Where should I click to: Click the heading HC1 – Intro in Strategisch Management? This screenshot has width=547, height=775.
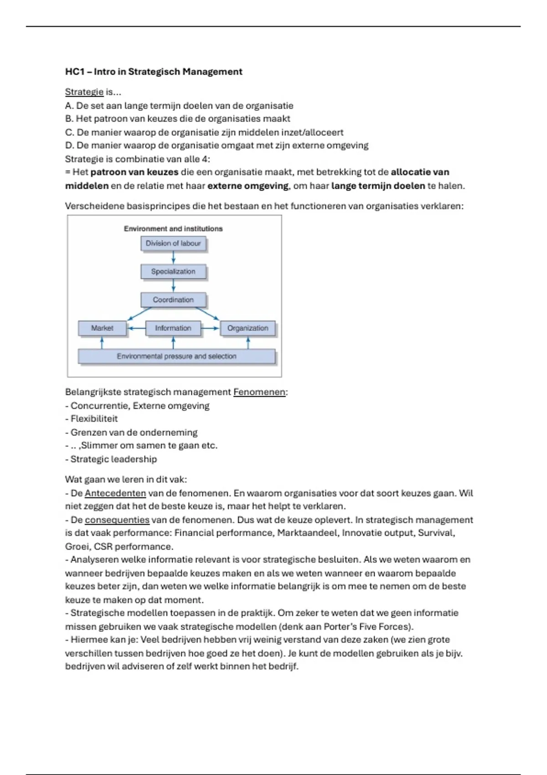point(154,72)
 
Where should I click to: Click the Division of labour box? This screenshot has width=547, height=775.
point(173,243)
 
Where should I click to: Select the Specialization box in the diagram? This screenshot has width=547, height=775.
point(173,272)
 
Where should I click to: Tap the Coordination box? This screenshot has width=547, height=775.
point(173,300)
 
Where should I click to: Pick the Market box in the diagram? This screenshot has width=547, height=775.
point(102,328)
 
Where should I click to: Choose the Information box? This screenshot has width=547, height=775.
point(173,328)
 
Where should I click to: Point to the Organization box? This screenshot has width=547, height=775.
point(248,328)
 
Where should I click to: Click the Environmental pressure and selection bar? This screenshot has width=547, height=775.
point(176,356)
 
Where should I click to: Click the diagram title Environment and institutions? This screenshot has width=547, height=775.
point(173,229)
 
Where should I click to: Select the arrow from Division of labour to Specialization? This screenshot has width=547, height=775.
point(173,258)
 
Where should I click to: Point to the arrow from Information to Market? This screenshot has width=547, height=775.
point(136,328)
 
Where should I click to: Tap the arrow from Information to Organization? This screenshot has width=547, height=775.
point(210,328)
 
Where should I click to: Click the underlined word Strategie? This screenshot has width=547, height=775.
point(84,92)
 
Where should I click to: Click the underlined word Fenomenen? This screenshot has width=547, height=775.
point(259,392)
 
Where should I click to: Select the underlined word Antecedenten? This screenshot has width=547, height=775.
point(115,493)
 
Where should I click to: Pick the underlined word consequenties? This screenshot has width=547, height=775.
point(117,520)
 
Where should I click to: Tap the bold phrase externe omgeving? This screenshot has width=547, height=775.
point(248,186)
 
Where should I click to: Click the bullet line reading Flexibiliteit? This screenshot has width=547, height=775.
point(94,419)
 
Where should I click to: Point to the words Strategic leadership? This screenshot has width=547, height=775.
point(114,460)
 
